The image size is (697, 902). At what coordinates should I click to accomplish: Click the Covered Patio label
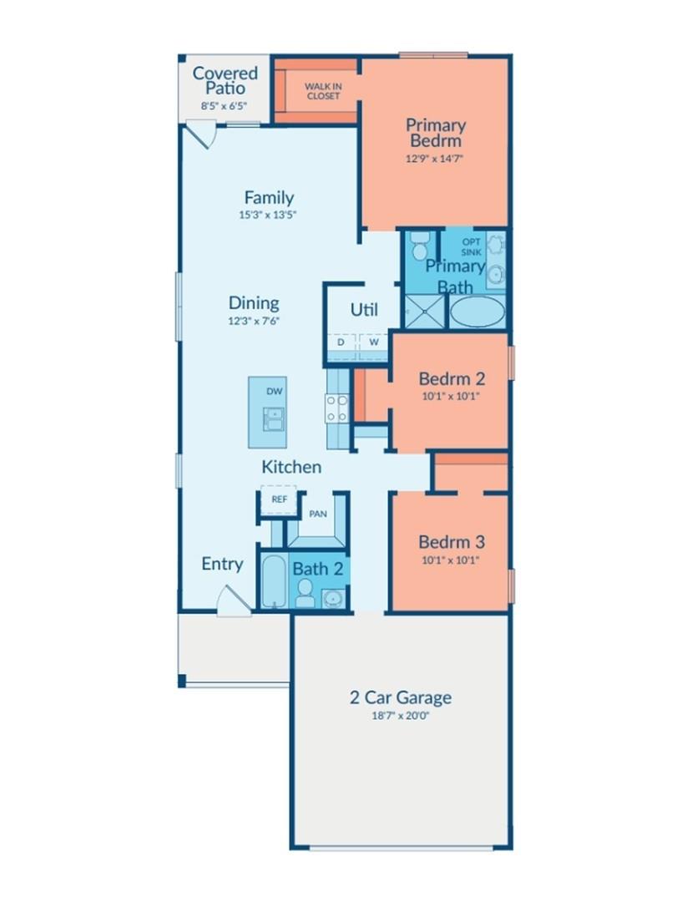tap(225, 80)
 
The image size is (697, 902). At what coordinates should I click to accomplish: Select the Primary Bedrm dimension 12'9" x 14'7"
tap(435, 157)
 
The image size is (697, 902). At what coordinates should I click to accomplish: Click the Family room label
tap(269, 198)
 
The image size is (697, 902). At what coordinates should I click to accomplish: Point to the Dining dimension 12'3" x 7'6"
tap(254, 320)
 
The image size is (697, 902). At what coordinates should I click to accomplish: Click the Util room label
tap(364, 310)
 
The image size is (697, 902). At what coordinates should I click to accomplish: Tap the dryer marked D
tap(341, 342)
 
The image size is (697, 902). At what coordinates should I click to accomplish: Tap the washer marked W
tap(373, 342)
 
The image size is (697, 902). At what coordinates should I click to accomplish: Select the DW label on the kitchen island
tap(275, 391)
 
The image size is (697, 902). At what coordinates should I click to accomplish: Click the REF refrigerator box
tap(278, 499)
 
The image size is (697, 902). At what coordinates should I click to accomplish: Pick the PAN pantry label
tap(318, 514)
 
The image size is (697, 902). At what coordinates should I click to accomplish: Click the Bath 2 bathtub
tap(273, 581)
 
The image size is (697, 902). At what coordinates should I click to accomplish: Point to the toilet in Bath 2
tap(305, 594)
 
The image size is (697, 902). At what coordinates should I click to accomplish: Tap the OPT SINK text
tap(472, 247)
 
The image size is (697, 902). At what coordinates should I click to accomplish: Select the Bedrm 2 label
tap(451, 379)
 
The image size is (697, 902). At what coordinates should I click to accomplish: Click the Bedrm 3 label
tap(451, 542)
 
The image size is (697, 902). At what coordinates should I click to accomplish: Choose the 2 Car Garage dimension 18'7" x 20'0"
tap(401, 715)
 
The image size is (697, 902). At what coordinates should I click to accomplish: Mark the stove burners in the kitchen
tap(336, 408)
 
